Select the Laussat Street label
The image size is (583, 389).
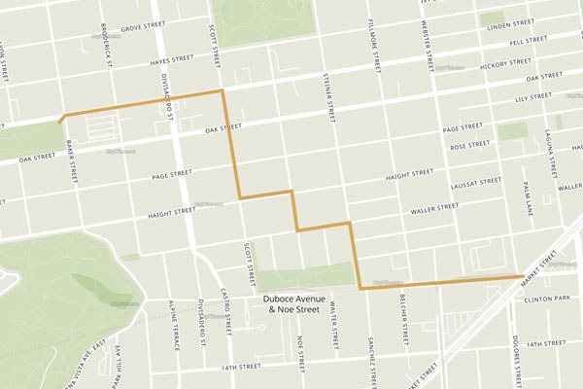point(476,184)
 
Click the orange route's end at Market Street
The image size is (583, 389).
point(518,277)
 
